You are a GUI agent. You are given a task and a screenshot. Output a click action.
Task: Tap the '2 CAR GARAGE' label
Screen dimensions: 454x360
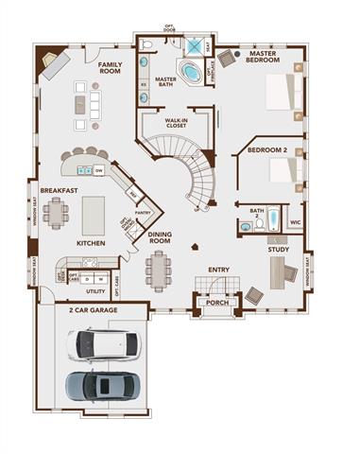(92, 309)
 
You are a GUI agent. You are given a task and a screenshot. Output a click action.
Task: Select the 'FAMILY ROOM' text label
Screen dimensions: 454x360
(117, 68)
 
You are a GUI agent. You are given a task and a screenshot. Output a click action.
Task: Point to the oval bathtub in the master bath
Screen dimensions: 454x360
(191, 73)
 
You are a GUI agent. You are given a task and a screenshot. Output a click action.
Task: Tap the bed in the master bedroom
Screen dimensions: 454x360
(284, 92)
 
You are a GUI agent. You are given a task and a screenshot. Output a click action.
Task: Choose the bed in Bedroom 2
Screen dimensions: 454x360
(284, 171)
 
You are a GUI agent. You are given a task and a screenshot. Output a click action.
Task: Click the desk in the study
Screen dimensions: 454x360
(277, 272)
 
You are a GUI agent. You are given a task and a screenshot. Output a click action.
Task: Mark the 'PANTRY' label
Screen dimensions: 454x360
(143, 213)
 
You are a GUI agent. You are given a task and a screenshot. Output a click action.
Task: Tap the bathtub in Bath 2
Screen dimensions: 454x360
(272, 220)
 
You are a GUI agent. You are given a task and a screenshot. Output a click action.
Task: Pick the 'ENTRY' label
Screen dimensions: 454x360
(218, 270)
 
